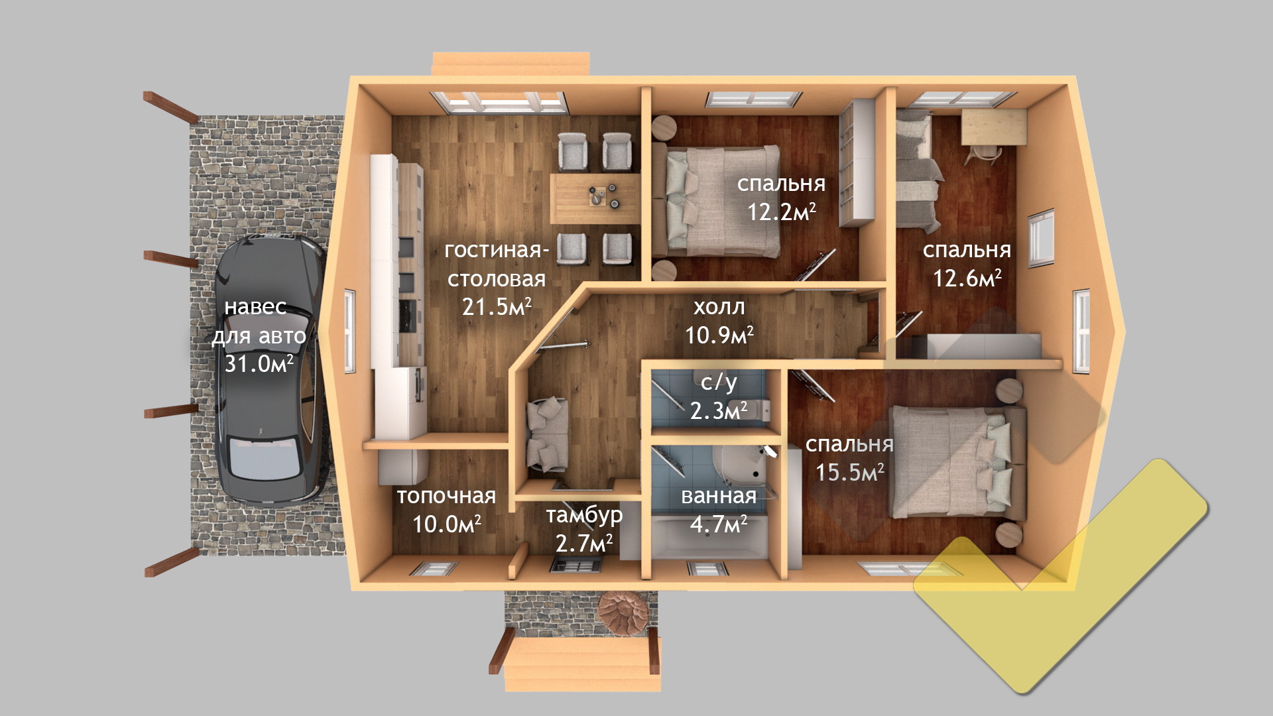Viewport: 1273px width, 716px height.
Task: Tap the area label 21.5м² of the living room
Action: click(497, 306)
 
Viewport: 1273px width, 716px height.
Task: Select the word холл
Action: click(719, 308)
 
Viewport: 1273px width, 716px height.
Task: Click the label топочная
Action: click(446, 496)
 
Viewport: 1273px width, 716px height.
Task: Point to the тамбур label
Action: click(584, 515)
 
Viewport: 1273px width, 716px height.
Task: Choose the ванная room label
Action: click(719, 496)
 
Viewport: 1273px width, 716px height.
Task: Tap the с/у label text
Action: click(719, 383)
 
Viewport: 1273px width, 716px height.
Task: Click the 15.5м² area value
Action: click(849, 472)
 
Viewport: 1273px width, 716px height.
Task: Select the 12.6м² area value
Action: click(967, 278)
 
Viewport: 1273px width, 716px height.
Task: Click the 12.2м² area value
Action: click(781, 211)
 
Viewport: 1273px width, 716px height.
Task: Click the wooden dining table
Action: click(595, 199)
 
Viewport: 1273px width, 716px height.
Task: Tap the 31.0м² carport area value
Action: click(259, 363)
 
